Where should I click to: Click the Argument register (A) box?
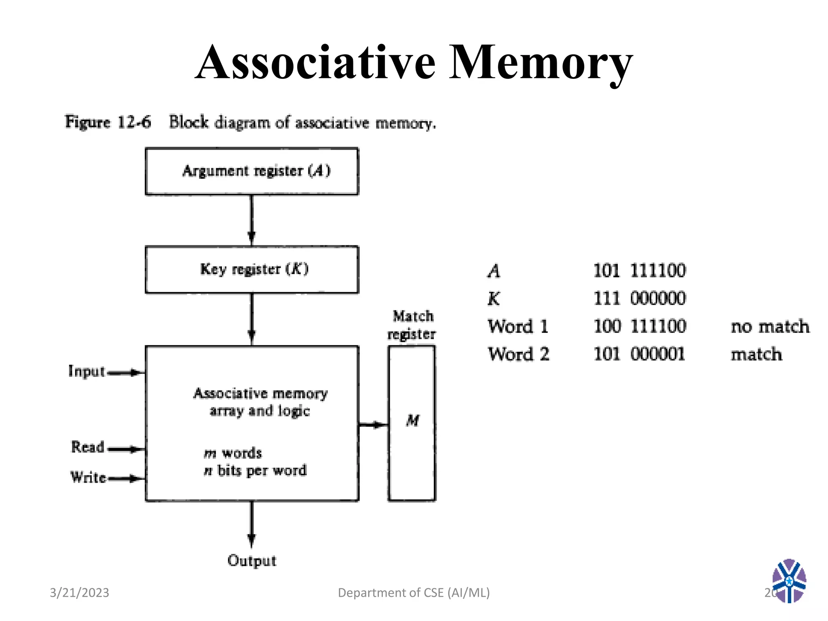click(x=251, y=171)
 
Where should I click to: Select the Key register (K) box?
click(x=251, y=269)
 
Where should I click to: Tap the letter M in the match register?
click(x=412, y=420)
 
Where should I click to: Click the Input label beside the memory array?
click(x=87, y=371)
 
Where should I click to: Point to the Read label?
click(x=88, y=447)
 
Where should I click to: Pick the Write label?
click(x=88, y=477)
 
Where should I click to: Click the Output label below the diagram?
click(x=251, y=560)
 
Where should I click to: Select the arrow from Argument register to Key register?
click(x=251, y=220)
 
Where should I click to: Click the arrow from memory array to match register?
click(x=373, y=425)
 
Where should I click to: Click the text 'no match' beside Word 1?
click(x=770, y=327)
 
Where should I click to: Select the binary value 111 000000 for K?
click(x=639, y=298)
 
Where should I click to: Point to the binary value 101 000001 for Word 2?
click(x=639, y=354)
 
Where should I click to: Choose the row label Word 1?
click(x=518, y=327)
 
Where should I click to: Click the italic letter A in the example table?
click(x=494, y=271)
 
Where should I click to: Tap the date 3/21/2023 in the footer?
click(x=79, y=593)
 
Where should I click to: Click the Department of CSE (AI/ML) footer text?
click(x=414, y=593)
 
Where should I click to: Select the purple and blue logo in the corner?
click(x=789, y=581)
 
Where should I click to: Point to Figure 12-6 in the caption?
click(x=108, y=122)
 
